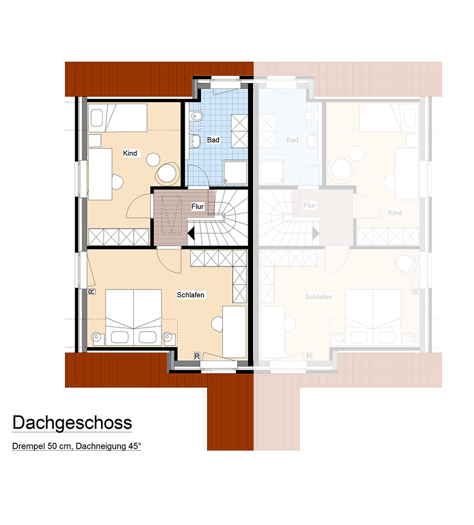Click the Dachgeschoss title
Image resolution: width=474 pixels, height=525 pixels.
point(72,423)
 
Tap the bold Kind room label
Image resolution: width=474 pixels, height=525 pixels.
point(130,153)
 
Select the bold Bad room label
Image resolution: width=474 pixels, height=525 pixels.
point(213,140)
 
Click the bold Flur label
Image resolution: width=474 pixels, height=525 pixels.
point(198,206)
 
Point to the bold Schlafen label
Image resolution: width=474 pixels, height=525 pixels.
point(191,294)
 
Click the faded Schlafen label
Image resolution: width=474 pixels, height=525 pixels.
point(319,297)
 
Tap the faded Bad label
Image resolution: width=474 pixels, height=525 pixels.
point(293,140)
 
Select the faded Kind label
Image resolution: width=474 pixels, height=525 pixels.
point(395,213)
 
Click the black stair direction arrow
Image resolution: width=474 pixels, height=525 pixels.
point(191,233)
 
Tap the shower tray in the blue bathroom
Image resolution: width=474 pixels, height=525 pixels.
point(235,173)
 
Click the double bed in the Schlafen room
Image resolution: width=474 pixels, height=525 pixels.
point(134,317)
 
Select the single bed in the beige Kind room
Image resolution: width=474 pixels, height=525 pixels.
point(118,118)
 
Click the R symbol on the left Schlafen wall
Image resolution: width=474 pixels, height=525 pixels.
point(92,292)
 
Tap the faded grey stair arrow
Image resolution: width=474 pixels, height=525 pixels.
point(316,233)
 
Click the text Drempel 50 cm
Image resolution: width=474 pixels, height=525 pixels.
point(42,446)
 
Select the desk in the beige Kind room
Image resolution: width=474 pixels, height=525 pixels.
point(100,174)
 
